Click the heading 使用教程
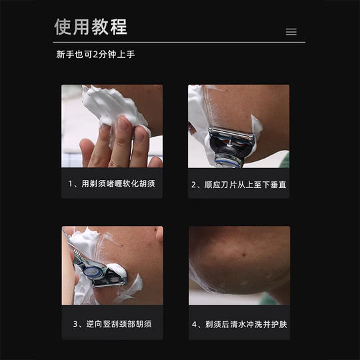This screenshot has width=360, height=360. coord(90,27)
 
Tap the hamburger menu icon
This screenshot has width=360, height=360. coord(291,31)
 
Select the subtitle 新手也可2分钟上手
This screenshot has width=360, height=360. coord(95,55)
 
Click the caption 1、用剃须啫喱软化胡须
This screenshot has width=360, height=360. coord(111,183)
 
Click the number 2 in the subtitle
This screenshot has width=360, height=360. coord(97,55)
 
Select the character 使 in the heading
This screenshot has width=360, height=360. coord(63,27)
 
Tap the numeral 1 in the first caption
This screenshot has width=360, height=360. coord(71,183)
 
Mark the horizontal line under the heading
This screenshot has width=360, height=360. coord(179,42)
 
